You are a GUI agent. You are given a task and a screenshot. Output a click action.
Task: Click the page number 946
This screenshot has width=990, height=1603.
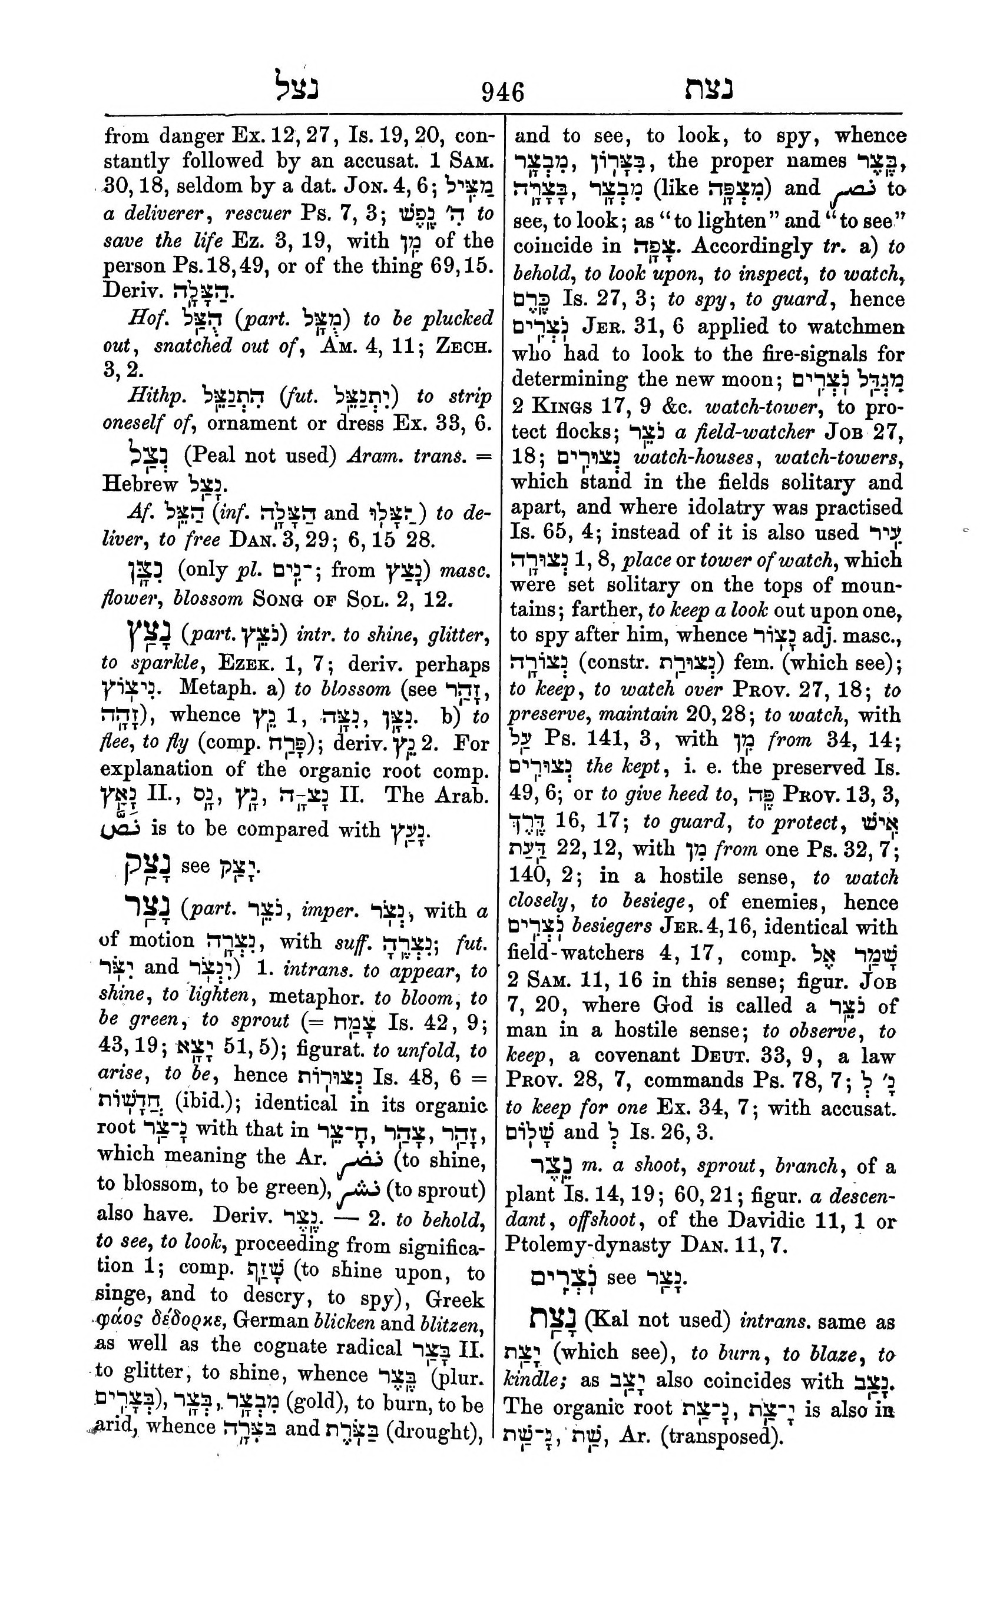[503, 91]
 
